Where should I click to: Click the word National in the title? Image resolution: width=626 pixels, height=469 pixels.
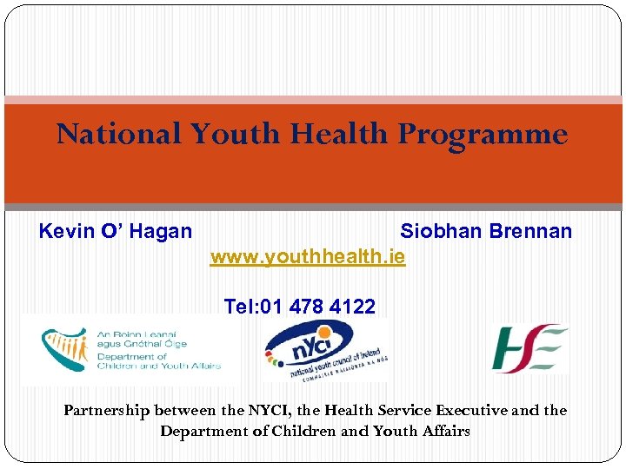pos(119,135)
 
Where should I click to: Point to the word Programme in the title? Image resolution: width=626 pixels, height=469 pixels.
pos(483,135)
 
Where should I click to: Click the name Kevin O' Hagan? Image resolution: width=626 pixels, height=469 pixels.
pos(116,231)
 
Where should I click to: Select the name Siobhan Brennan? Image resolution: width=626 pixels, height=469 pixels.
pos(486,231)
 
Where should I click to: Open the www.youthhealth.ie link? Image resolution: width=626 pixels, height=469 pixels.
pos(308,258)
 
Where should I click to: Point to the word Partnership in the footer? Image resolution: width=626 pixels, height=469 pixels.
pos(107,410)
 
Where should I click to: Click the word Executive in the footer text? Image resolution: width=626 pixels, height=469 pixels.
pos(469,410)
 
